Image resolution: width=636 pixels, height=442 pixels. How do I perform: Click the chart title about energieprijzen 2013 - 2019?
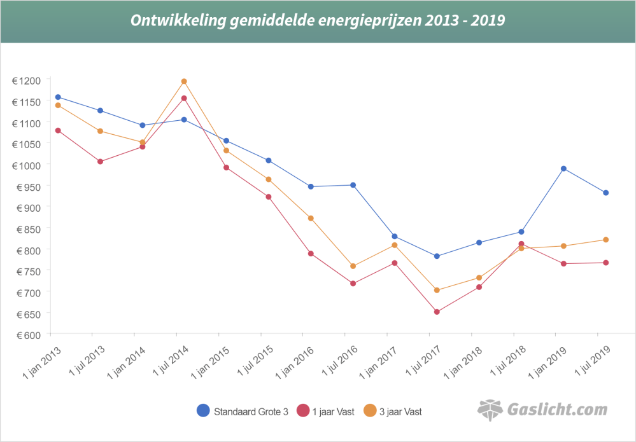pyautogui.click(x=318, y=20)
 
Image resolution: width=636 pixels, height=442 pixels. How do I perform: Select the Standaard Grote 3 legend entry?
pyautogui.click(x=243, y=411)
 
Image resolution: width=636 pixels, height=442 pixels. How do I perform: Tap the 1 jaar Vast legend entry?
pyautogui.click(x=324, y=411)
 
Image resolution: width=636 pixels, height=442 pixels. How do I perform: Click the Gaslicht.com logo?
pyautogui.click(x=542, y=410)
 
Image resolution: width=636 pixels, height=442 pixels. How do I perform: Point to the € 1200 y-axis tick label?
pyautogui.click(x=26, y=80)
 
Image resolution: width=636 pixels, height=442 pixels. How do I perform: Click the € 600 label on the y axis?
pyautogui.click(x=26, y=335)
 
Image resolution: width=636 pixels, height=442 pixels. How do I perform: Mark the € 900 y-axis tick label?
pyautogui.click(x=26, y=207)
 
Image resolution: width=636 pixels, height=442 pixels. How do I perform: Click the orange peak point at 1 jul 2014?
pyautogui.click(x=184, y=81)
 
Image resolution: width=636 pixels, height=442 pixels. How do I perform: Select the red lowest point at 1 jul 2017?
pyautogui.click(x=437, y=312)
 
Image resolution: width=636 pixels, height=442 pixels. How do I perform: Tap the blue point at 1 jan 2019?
pyautogui.click(x=563, y=169)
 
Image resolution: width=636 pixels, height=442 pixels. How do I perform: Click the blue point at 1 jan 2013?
pyautogui.click(x=58, y=97)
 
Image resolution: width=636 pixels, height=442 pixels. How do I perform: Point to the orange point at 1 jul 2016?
pyautogui.click(x=353, y=266)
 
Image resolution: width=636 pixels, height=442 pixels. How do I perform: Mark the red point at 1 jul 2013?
pyautogui.click(x=100, y=162)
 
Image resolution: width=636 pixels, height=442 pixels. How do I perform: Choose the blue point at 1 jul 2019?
pyautogui.click(x=605, y=193)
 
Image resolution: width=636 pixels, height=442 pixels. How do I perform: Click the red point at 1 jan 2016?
pyautogui.click(x=311, y=254)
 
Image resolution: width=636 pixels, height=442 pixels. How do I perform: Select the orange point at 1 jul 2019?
pyautogui.click(x=605, y=240)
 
